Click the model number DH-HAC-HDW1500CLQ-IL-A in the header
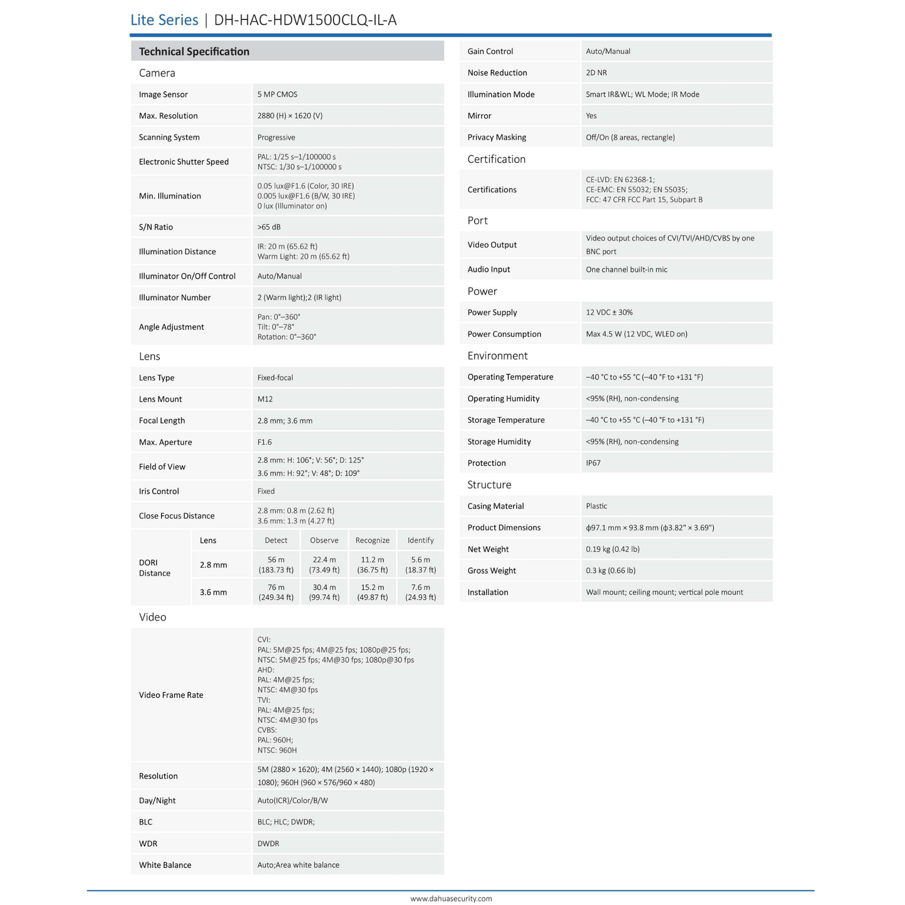305,20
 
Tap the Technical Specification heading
194,51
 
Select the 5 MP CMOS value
277,95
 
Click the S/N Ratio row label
156,227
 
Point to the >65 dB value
269,227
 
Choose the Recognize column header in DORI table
372,540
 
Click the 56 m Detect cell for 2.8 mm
276,565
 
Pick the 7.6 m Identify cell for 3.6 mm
420,592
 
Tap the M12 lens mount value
265,400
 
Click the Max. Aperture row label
165,442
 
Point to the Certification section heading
496,159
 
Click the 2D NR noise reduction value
596,73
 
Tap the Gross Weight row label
492,571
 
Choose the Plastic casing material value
596,507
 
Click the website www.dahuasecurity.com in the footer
451,899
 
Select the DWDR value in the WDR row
268,844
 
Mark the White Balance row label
165,866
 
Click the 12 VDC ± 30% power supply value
609,313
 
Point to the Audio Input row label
489,270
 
